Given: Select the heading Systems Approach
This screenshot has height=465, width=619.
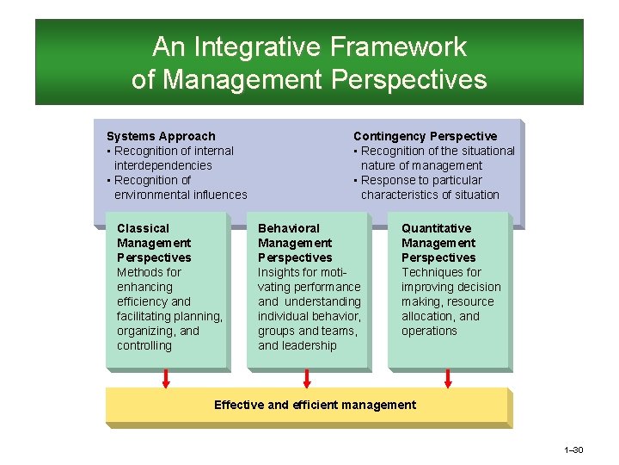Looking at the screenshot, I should pyautogui.click(x=161, y=136).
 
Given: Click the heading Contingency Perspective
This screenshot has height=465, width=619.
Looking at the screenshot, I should pyautogui.click(x=425, y=136).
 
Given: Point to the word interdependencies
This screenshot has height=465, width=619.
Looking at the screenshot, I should pyautogui.click(x=162, y=165).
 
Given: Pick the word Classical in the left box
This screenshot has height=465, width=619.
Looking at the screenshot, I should pyautogui.click(x=143, y=228).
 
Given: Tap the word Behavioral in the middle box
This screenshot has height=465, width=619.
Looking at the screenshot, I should pyautogui.click(x=288, y=228).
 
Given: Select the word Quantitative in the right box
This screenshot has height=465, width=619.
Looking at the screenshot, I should pyautogui.click(x=436, y=228).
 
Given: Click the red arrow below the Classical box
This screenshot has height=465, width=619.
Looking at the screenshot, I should pyautogui.click(x=167, y=378).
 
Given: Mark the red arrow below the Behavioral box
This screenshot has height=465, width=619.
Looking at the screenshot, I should pyautogui.click(x=307, y=378).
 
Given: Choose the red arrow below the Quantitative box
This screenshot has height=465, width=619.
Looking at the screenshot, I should pyautogui.click(x=447, y=378).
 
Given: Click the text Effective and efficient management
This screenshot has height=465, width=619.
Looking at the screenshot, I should pyautogui.click(x=315, y=405).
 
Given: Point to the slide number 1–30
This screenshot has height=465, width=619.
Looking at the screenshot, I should pyautogui.click(x=573, y=450).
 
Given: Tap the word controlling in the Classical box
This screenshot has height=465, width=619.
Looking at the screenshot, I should pyautogui.click(x=144, y=345).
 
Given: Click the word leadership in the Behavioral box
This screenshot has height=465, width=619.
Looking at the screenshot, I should pyautogui.click(x=309, y=345).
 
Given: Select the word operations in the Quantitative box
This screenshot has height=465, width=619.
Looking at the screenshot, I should pyautogui.click(x=429, y=331).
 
